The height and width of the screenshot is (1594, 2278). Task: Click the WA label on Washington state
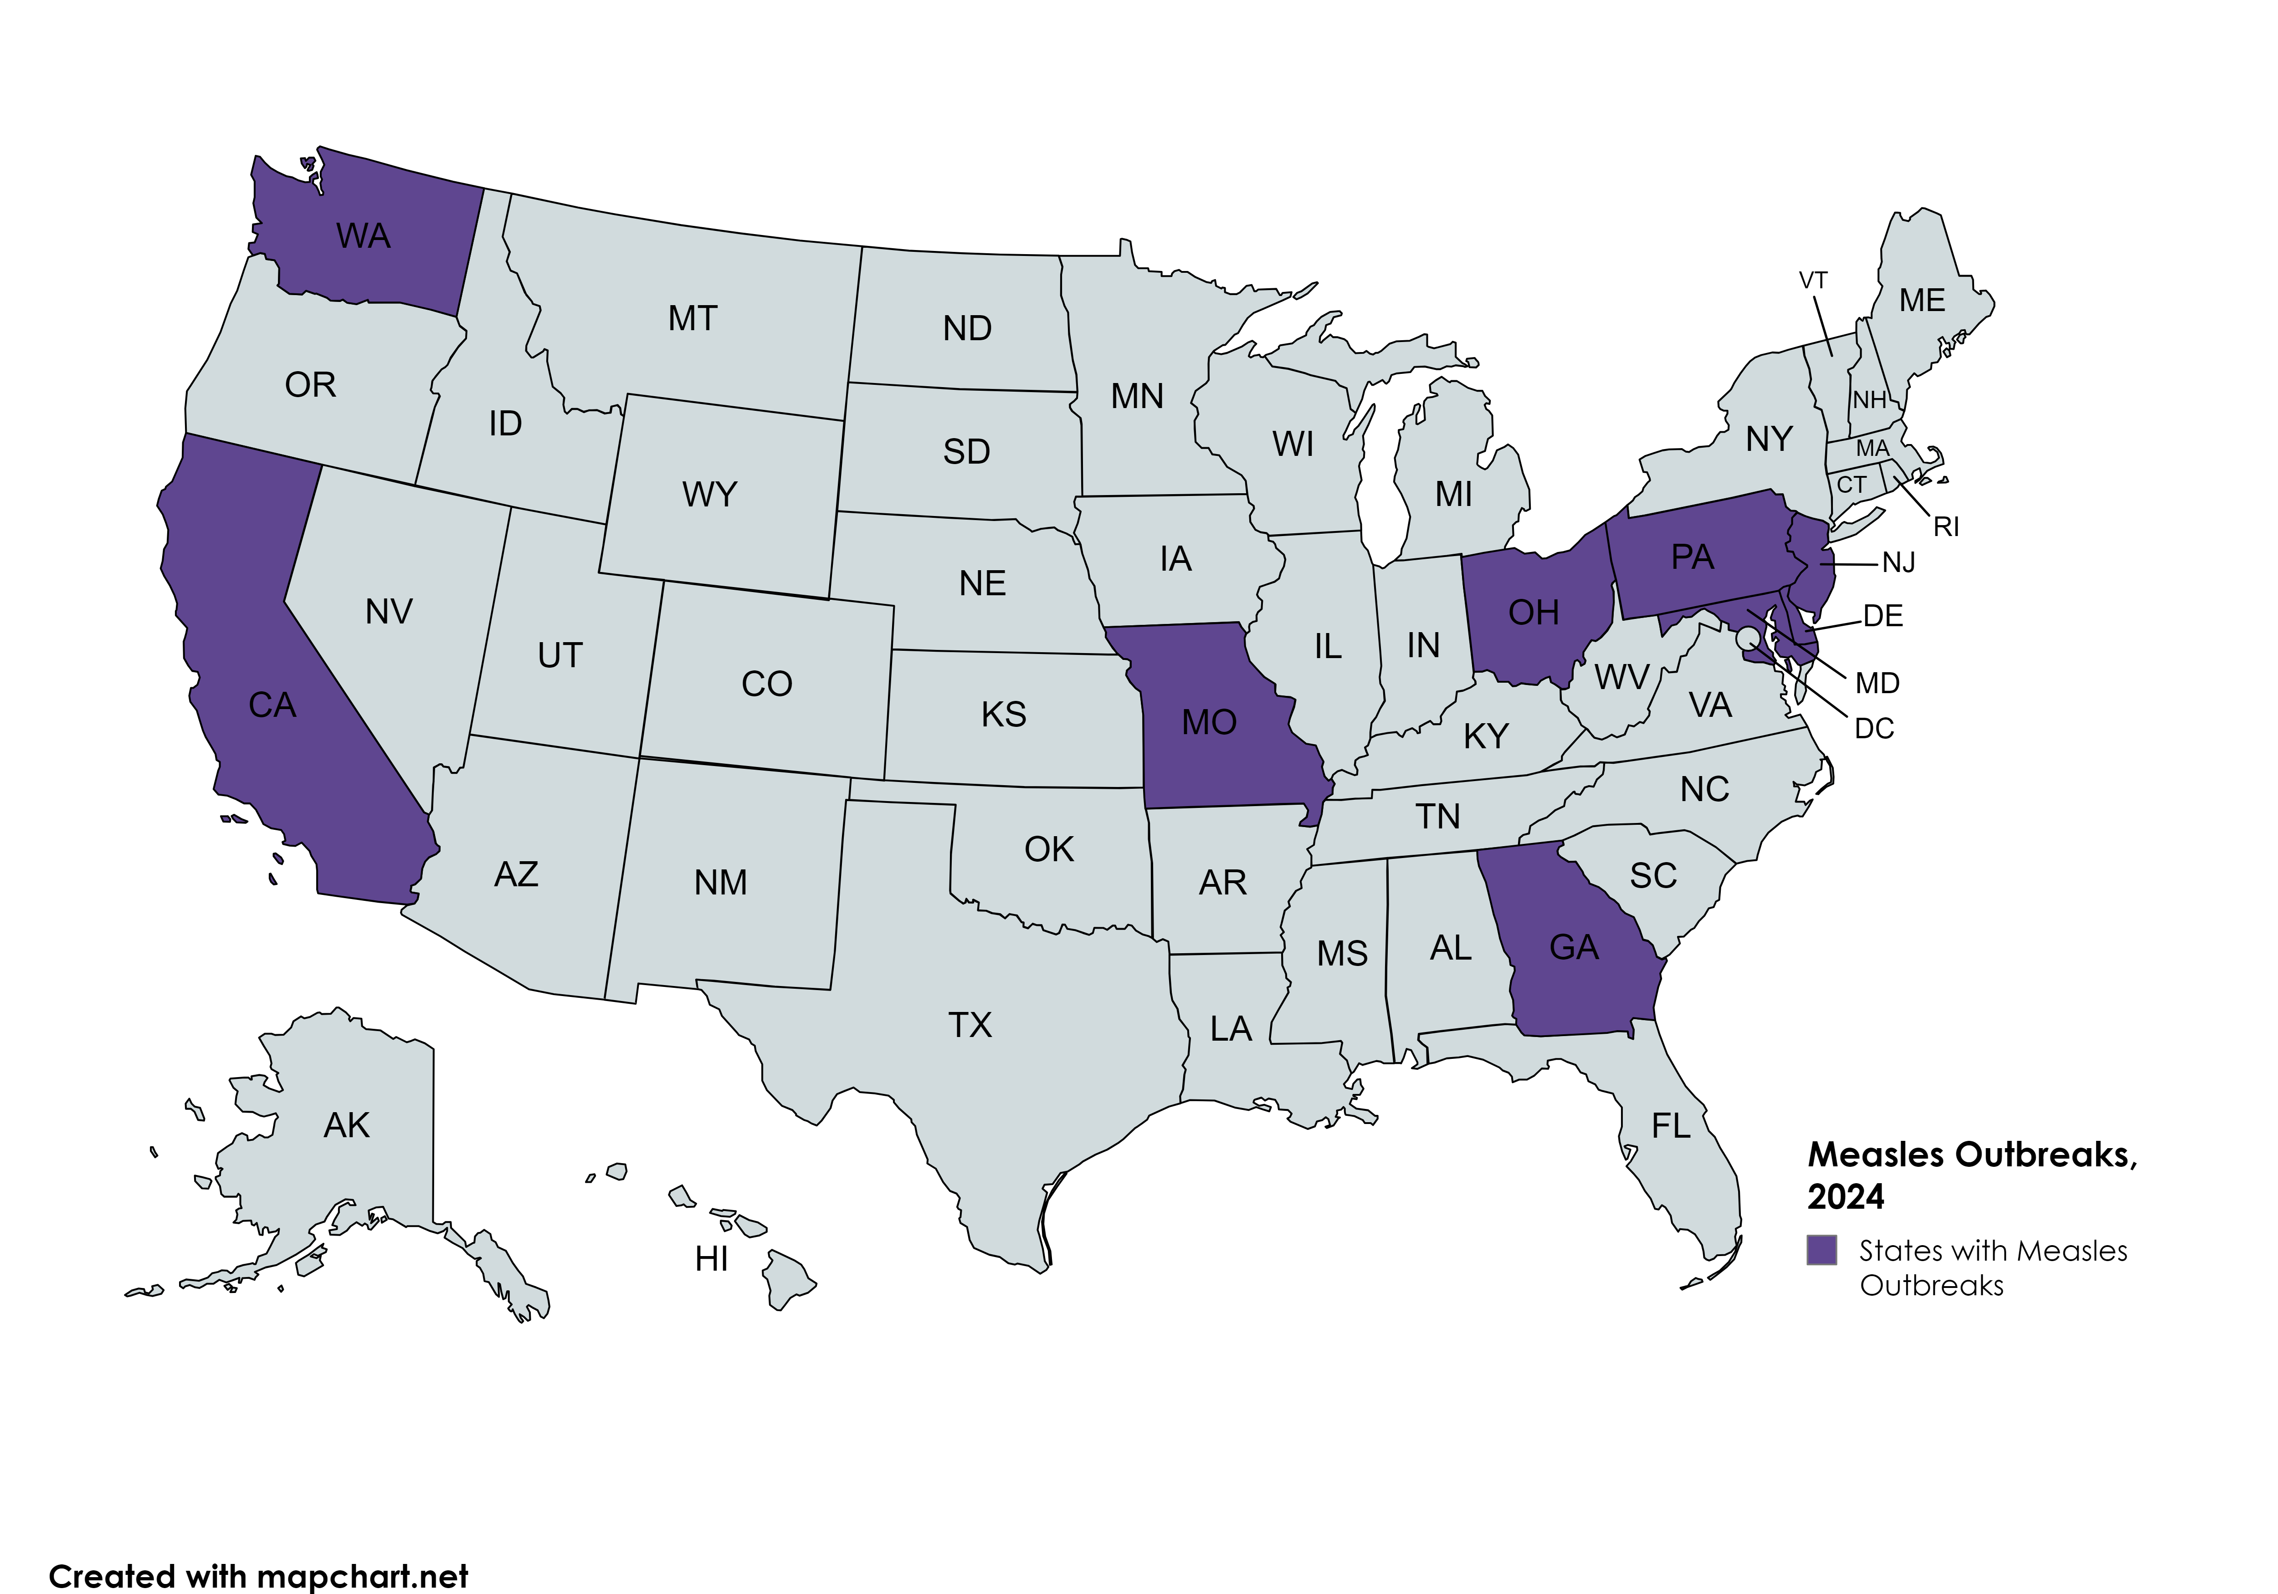[x=363, y=236]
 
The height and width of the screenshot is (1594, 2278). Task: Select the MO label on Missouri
[x=1208, y=722]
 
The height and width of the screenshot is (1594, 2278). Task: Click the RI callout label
[x=1945, y=527]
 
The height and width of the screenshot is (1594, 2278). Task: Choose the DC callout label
[x=1874, y=729]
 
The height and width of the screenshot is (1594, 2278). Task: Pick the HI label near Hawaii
[x=711, y=1259]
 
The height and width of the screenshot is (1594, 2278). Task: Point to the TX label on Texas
[x=970, y=1025]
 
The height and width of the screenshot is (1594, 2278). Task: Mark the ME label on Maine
[x=1922, y=301]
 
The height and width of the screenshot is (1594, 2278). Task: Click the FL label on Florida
[x=1671, y=1126]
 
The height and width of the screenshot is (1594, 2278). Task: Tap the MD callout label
[x=1877, y=684]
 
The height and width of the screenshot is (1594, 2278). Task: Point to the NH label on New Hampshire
[x=1869, y=400]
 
